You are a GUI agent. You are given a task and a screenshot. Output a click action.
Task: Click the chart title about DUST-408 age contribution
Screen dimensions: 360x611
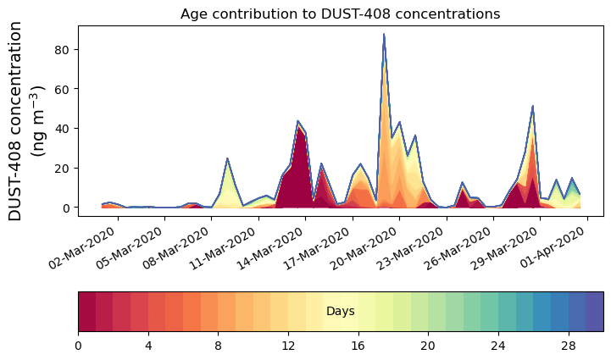(340, 14)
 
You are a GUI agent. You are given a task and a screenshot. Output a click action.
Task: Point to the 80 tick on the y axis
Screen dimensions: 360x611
(63, 49)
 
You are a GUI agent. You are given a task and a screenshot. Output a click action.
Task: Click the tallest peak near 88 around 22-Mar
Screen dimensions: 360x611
(384, 36)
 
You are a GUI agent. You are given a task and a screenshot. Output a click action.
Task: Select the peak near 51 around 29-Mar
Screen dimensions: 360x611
(532, 108)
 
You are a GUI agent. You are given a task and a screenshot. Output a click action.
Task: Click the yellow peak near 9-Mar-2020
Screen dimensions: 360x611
(227, 161)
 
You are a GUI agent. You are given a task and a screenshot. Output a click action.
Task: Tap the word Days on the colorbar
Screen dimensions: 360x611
(340, 312)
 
